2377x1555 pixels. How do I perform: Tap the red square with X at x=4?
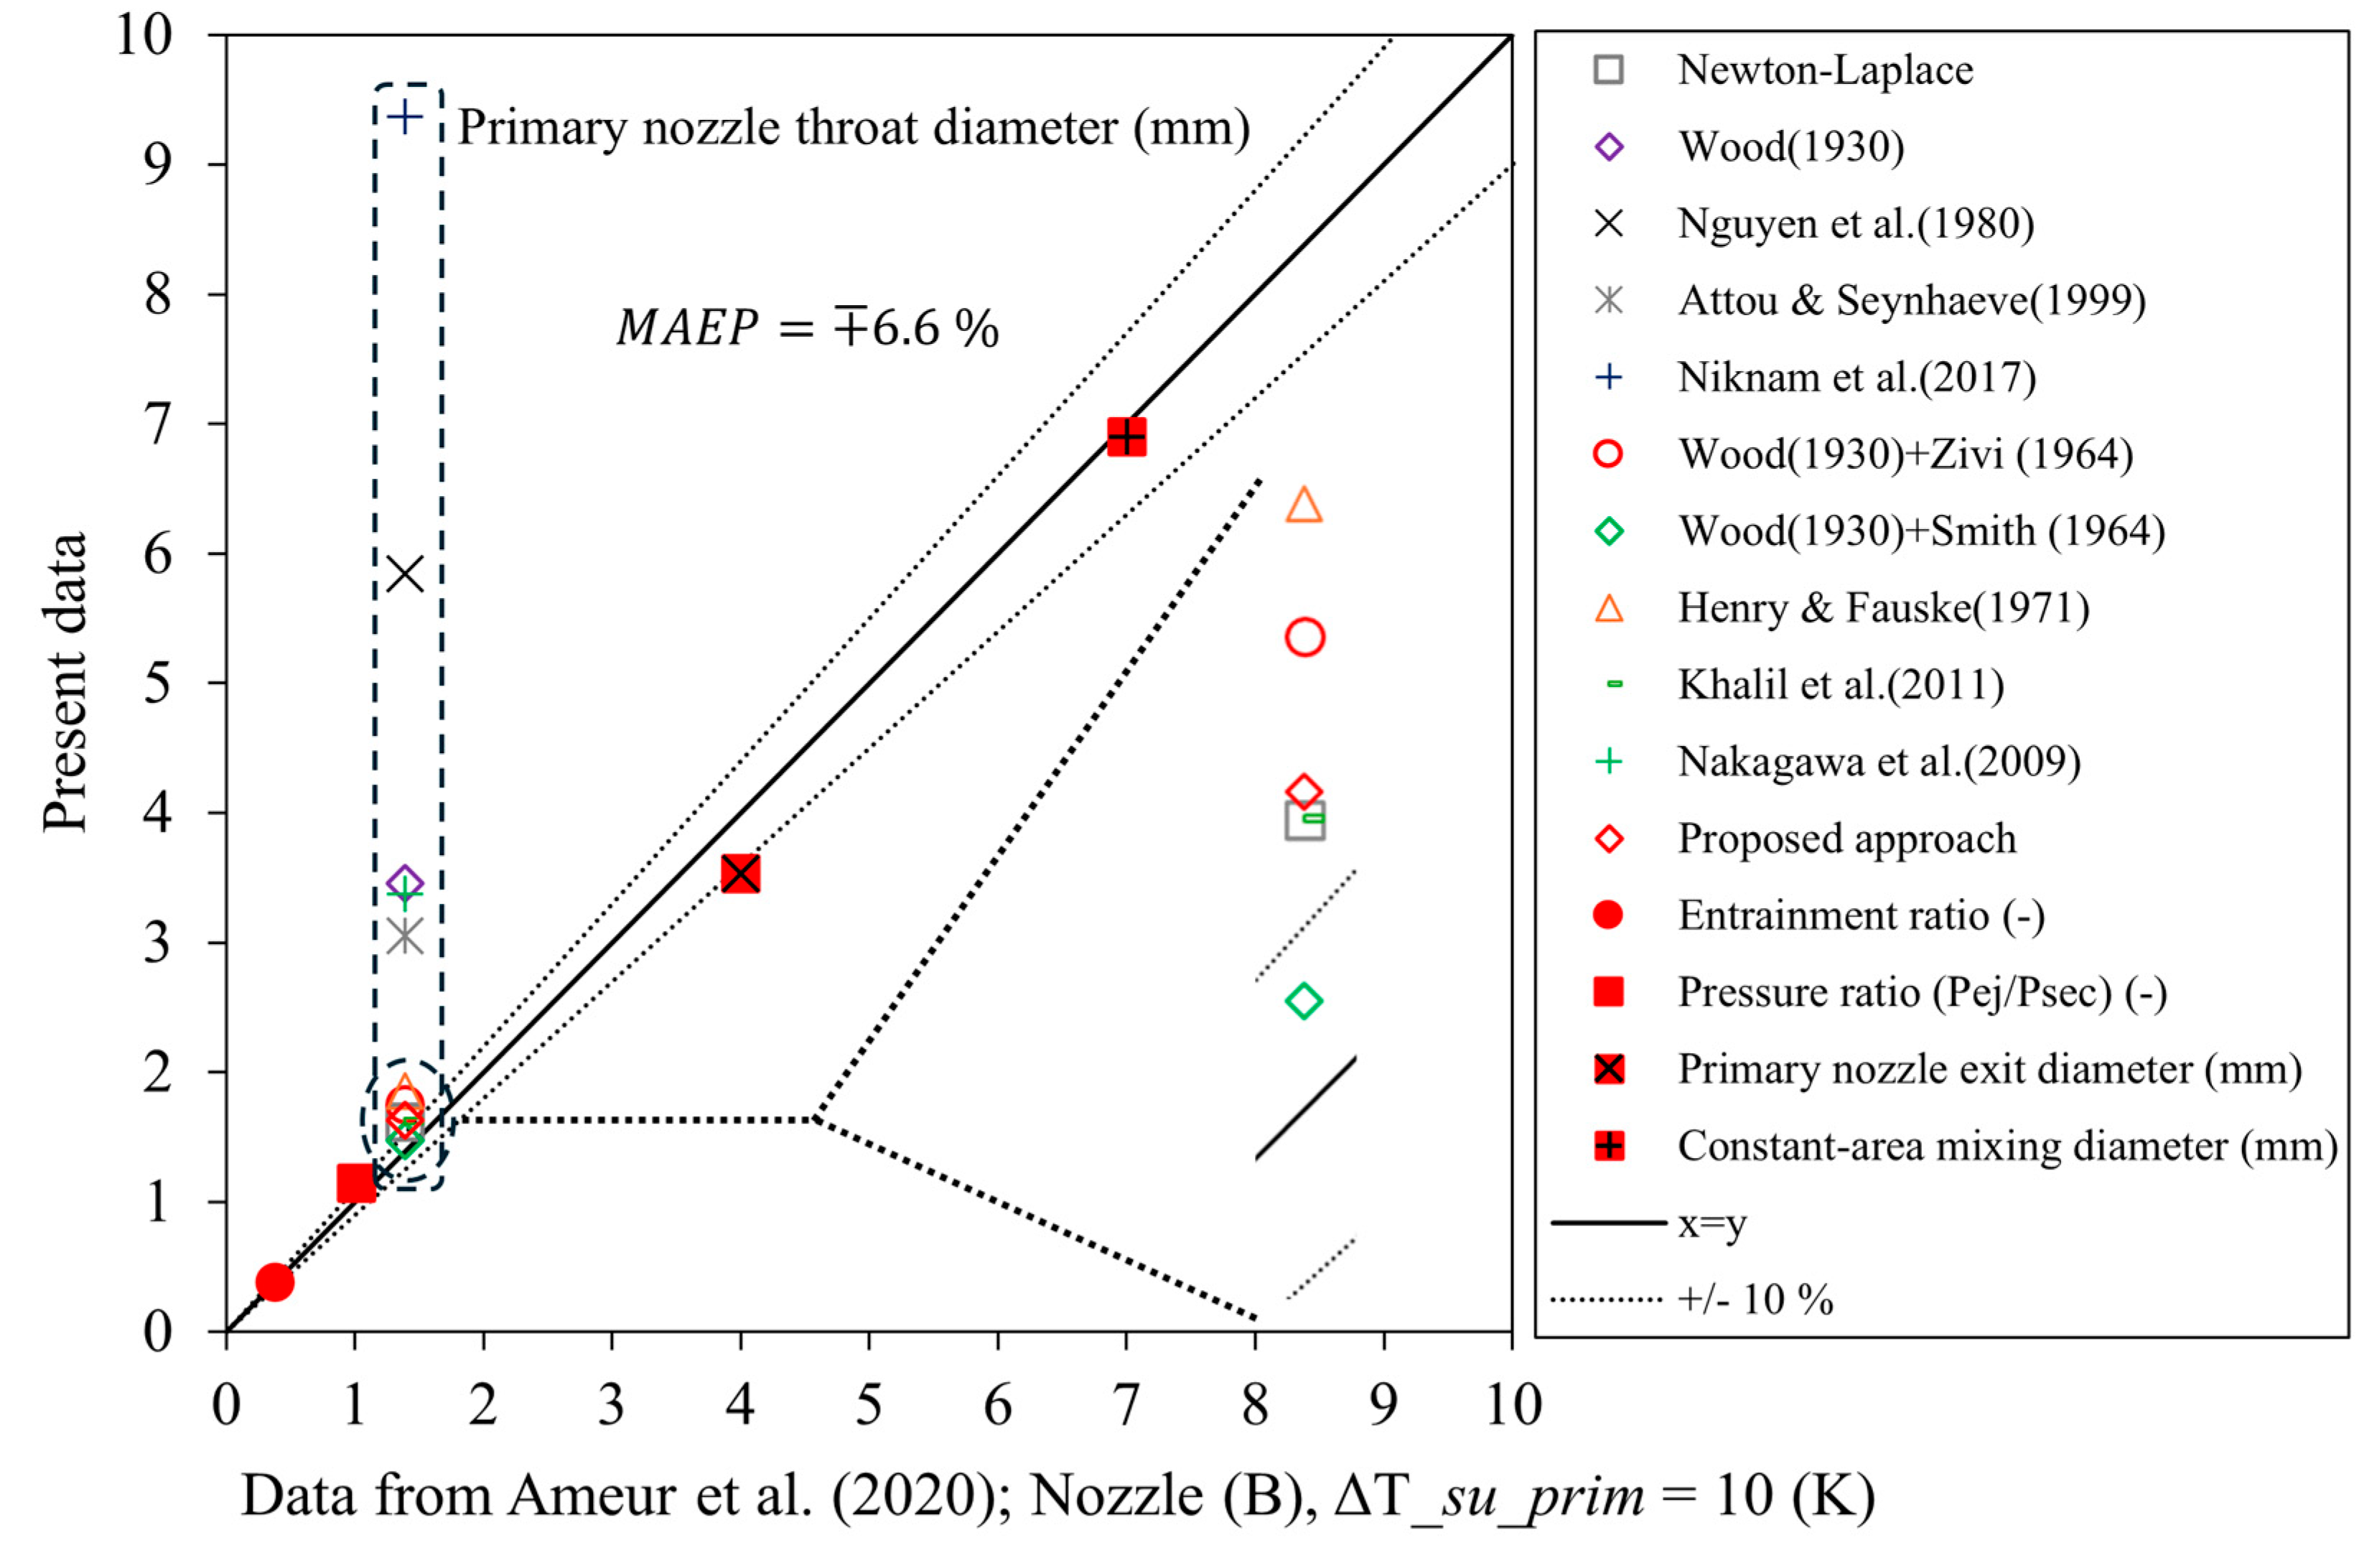[x=740, y=874]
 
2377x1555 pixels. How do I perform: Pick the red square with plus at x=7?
[x=1126, y=436]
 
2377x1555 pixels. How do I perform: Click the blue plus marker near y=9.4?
[x=404, y=118]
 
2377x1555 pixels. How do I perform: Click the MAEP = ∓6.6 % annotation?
[x=807, y=329]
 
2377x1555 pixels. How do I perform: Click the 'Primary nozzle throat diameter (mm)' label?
[x=854, y=128]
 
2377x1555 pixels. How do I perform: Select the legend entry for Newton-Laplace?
[x=1825, y=70]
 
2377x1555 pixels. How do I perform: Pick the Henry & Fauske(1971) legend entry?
[x=1882, y=607]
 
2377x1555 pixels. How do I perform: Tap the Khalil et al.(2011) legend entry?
[x=1840, y=684]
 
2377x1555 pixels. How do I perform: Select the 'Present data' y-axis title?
[x=65, y=682]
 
